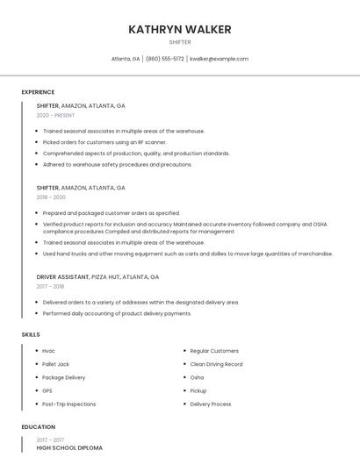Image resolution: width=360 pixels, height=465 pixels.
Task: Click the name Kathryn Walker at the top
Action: tap(180, 29)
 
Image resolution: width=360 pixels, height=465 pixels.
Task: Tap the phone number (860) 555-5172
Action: tap(164, 59)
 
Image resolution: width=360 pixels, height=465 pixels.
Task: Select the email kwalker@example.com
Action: tap(220, 59)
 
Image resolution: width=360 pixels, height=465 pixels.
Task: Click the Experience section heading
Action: tap(38, 92)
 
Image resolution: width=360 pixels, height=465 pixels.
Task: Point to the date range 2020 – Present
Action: tap(55, 115)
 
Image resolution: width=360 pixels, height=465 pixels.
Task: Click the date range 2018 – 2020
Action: tap(51, 197)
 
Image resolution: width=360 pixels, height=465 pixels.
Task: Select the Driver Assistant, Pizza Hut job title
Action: tap(97, 276)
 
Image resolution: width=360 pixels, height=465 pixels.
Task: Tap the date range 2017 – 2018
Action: tap(50, 286)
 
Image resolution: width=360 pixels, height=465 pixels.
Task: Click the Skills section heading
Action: tap(31, 334)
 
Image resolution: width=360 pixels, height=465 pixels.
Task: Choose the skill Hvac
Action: tap(48, 351)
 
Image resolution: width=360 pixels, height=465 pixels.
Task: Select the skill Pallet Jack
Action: tap(55, 364)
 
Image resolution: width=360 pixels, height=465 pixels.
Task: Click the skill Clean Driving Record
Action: tap(216, 364)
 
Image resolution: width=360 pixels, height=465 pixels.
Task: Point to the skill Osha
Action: tap(197, 377)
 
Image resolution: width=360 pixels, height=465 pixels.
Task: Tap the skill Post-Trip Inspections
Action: tap(68, 404)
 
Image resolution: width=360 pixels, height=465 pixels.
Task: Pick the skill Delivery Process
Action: tap(211, 404)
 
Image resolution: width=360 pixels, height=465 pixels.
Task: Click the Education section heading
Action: tap(38, 427)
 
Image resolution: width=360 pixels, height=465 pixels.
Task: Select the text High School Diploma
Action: tap(69, 448)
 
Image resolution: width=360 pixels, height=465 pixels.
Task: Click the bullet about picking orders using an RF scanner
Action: tap(104, 141)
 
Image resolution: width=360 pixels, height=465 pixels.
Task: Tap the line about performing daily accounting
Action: tap(117, 313)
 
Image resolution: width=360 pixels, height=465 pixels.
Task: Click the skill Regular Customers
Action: tap(214, 351)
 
